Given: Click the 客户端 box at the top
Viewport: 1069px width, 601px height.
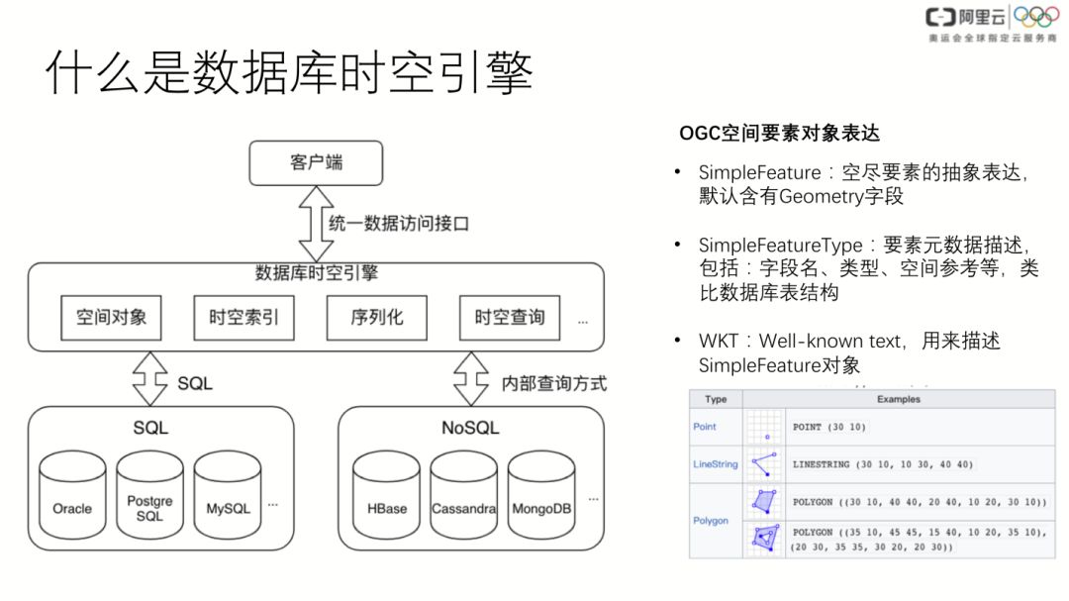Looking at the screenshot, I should [x=316, y=162].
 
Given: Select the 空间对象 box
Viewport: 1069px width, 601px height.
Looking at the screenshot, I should [x=111, y=318].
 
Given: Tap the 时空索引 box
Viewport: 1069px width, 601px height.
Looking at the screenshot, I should [x=243, y=318].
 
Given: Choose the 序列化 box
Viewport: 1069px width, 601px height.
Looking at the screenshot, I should [x=376, y=318].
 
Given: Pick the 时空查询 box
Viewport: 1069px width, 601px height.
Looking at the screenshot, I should [x=509, y=318].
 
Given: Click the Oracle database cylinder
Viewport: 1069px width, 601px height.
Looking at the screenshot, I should [x=72, y=500].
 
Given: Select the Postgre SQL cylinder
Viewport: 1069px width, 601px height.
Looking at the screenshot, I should [x=149, y=500].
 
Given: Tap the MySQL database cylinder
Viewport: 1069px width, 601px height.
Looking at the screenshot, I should [x=228, y=500].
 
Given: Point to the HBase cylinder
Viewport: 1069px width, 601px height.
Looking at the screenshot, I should [x=386, y=500].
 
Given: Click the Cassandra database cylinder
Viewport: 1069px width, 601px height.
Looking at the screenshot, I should [x=463, y=500].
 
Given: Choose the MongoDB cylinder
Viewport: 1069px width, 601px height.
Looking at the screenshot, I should [x=541, y=500].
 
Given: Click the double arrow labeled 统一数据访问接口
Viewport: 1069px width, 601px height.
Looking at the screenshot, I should [x=316, y=224].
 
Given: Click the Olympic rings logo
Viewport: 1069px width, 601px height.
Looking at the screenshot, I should [x=1036, y=18].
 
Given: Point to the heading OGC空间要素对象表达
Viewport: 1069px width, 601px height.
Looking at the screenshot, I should [x=779, y=133].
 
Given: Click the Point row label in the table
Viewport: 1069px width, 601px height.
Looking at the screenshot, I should [x=705, y=427].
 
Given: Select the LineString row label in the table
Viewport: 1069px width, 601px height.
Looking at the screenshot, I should [x=715, y=463].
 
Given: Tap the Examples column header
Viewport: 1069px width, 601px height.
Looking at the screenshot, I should [x=899, y=399].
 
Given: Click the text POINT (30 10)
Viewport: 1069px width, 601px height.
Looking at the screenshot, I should [x=829, y=427].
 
